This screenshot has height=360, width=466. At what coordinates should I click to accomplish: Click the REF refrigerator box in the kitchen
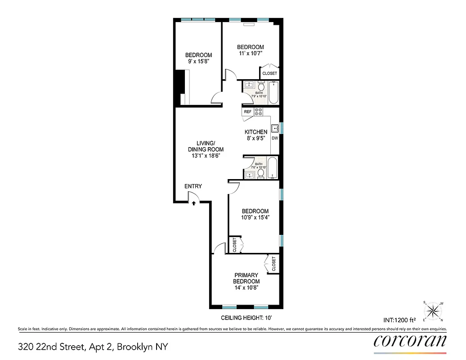pyautogui.click(x=247, y=112)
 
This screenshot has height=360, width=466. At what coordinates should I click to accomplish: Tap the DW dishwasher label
pyautogui.click(x=275, y=138)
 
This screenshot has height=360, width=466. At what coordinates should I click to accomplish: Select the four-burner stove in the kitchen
pyautogui.click(x=259, y=112)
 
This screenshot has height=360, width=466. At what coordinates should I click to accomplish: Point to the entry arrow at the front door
pyautogui.click(x=193, y=203)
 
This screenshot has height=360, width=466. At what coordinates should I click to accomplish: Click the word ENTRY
pyautogui.click(x=193, y=186)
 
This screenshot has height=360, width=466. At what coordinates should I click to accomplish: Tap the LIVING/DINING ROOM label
pyautogui.click(x=206, y=149)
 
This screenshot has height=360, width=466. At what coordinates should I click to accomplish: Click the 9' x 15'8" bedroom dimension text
pyautogui.click(x=198, y=62)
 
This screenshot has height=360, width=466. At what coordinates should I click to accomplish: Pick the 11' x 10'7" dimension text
pyautogui.click(x=250, y=54)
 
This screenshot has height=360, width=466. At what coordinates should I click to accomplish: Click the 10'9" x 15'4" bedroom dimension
pyautogui.click(x=255, y=217)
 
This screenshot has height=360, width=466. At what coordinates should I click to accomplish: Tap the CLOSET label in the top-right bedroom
pyautogui.click(x=269, y=73)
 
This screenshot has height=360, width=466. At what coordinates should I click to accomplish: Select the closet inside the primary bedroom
pyautogui.click(x=273, y=264)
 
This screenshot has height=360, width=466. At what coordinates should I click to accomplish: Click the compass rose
pyautogui.click(x=433, y=310)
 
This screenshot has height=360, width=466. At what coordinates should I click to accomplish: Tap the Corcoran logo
pyautogui.click(x=410, y=340)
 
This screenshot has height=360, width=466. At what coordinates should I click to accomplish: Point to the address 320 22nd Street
pyautogui.click(x=93, y=347)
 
